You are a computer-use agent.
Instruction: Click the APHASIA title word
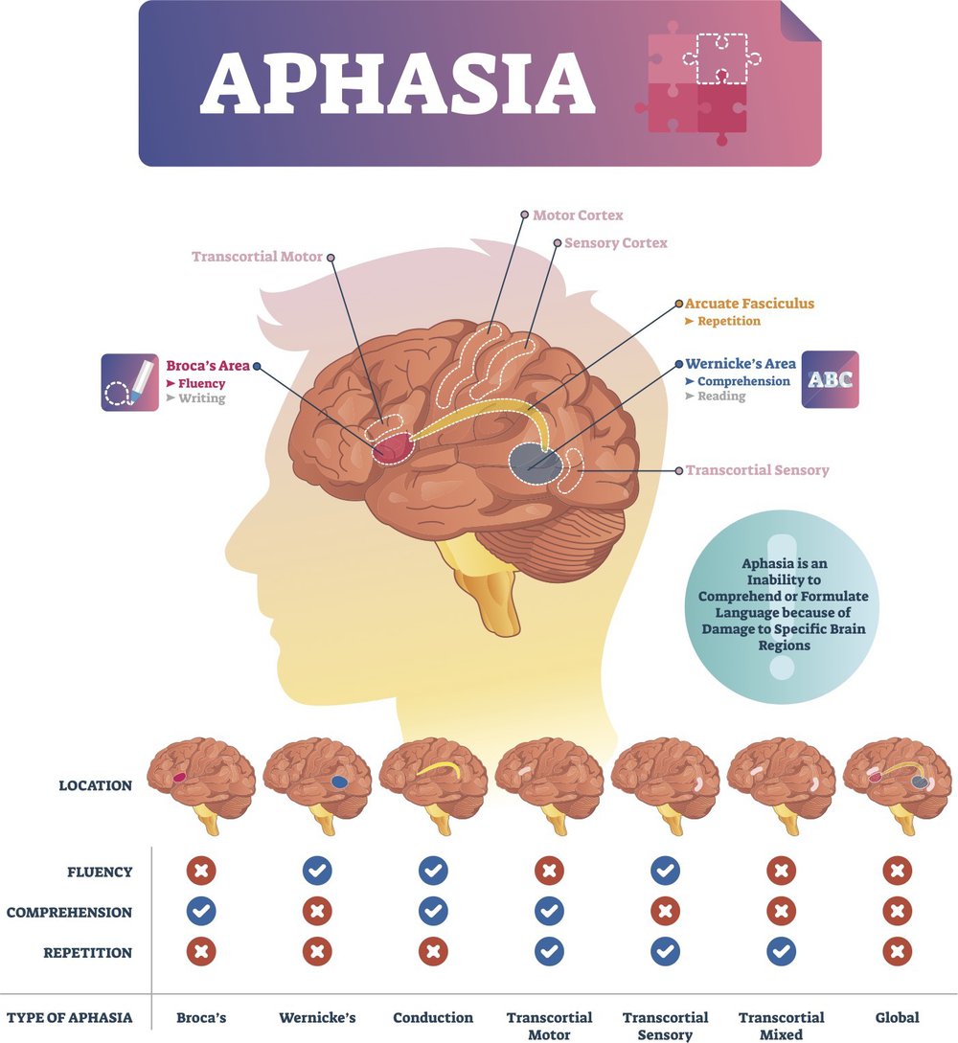tap(398, 82)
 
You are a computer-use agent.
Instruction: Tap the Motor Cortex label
tap(578, 215)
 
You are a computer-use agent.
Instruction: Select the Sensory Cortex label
tap(615, 243)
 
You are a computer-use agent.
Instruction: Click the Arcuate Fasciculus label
tap(750, 304)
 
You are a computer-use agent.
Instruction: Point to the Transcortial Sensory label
tap(757, 470)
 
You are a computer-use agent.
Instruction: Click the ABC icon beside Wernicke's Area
tap(831, 379)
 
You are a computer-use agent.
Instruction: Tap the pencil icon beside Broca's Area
tap(129, 382)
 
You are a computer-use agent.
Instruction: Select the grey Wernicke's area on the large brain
tap(535, 462)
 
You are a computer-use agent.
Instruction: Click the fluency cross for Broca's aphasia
tap(201, 871)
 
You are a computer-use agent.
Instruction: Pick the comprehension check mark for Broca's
tap(201, 911)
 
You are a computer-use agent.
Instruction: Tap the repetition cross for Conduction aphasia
tap(433, 952)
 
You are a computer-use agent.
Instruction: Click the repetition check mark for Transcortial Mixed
tap(781, 952)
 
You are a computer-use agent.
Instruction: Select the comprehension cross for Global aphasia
tap(897, 911)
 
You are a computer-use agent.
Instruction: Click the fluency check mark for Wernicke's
tap(317, 871)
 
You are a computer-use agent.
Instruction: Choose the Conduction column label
tap(433, 1018)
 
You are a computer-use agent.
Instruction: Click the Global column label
tap(897, 1018)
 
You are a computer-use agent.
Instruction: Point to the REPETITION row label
tap(88, 953)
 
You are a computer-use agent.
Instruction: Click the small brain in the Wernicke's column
tap(317, 785)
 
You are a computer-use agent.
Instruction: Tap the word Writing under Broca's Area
tap(201, 398)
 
